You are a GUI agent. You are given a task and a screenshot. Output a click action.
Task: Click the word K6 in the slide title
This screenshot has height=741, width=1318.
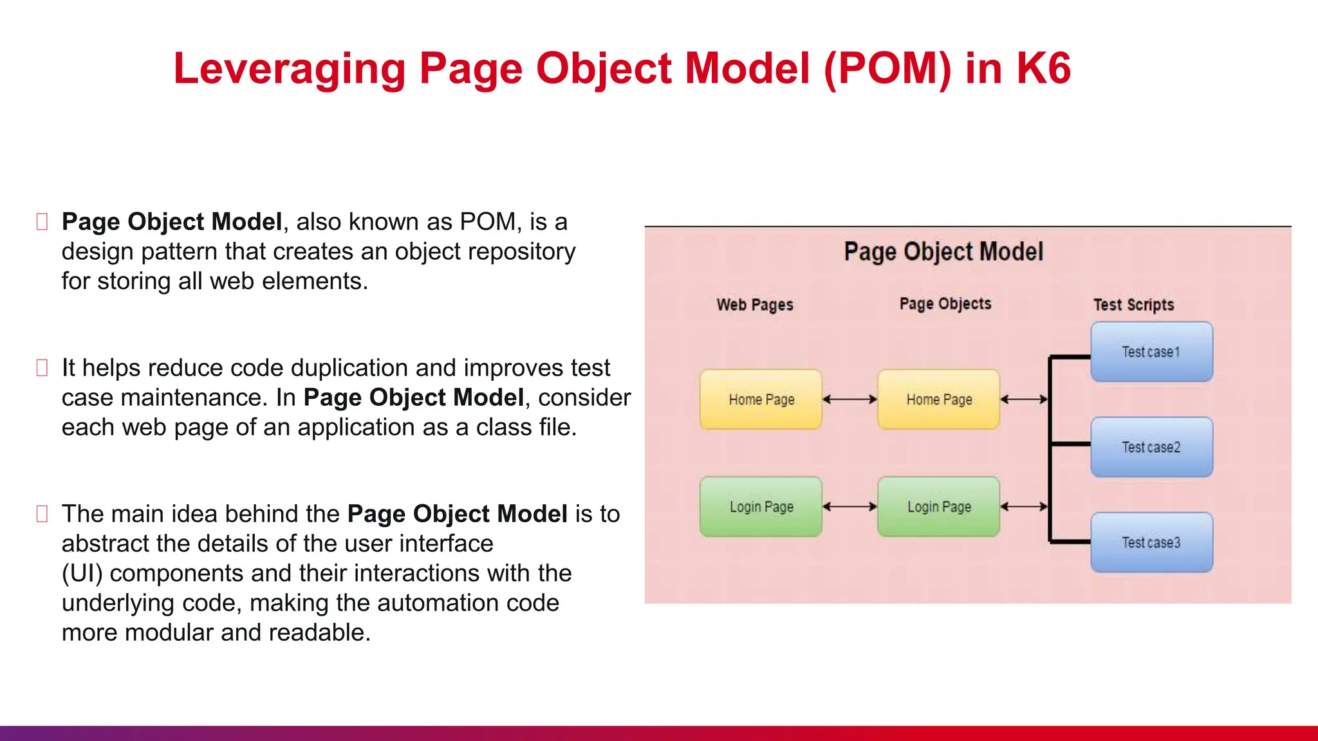click(1043, 68)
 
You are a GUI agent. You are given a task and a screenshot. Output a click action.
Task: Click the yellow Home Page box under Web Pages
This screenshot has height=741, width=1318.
click(761, 399)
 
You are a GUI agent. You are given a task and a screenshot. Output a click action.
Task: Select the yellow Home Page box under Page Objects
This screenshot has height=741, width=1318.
click(938, 399)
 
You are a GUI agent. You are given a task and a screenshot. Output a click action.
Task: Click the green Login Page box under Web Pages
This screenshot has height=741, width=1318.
click(761, 507)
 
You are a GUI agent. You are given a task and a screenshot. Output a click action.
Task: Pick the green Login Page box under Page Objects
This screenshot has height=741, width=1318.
click(938, 507)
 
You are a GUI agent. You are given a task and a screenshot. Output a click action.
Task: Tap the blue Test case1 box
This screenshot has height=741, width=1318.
click(1151, 352)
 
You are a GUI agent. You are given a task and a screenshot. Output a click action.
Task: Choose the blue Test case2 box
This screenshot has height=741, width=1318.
click(1151, 447)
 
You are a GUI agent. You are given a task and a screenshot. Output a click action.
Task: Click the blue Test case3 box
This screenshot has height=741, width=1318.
click(1151, 542)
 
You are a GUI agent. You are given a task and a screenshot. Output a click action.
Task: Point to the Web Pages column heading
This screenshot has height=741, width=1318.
click(755, 305)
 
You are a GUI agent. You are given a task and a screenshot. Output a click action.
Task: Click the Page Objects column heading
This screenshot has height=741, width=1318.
click(945, 304)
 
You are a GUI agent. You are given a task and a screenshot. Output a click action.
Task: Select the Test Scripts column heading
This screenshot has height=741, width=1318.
click(1133, 305)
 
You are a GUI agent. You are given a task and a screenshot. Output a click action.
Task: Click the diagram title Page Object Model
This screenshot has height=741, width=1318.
click(943, 252)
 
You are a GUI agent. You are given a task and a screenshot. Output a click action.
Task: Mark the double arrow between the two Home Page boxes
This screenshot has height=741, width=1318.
click(849, 399)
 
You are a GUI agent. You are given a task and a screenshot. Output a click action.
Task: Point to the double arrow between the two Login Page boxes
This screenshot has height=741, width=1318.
click(849, 507)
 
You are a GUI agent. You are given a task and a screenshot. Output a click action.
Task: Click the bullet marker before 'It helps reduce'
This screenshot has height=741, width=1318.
click(42, 368)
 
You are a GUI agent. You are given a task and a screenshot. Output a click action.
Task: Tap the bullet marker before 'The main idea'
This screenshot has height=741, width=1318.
click(42, 514)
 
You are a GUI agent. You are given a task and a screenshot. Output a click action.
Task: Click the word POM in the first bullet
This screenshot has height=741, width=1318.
click(487, 222)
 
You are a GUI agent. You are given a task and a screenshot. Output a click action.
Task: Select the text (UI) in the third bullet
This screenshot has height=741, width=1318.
click(82, 573)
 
